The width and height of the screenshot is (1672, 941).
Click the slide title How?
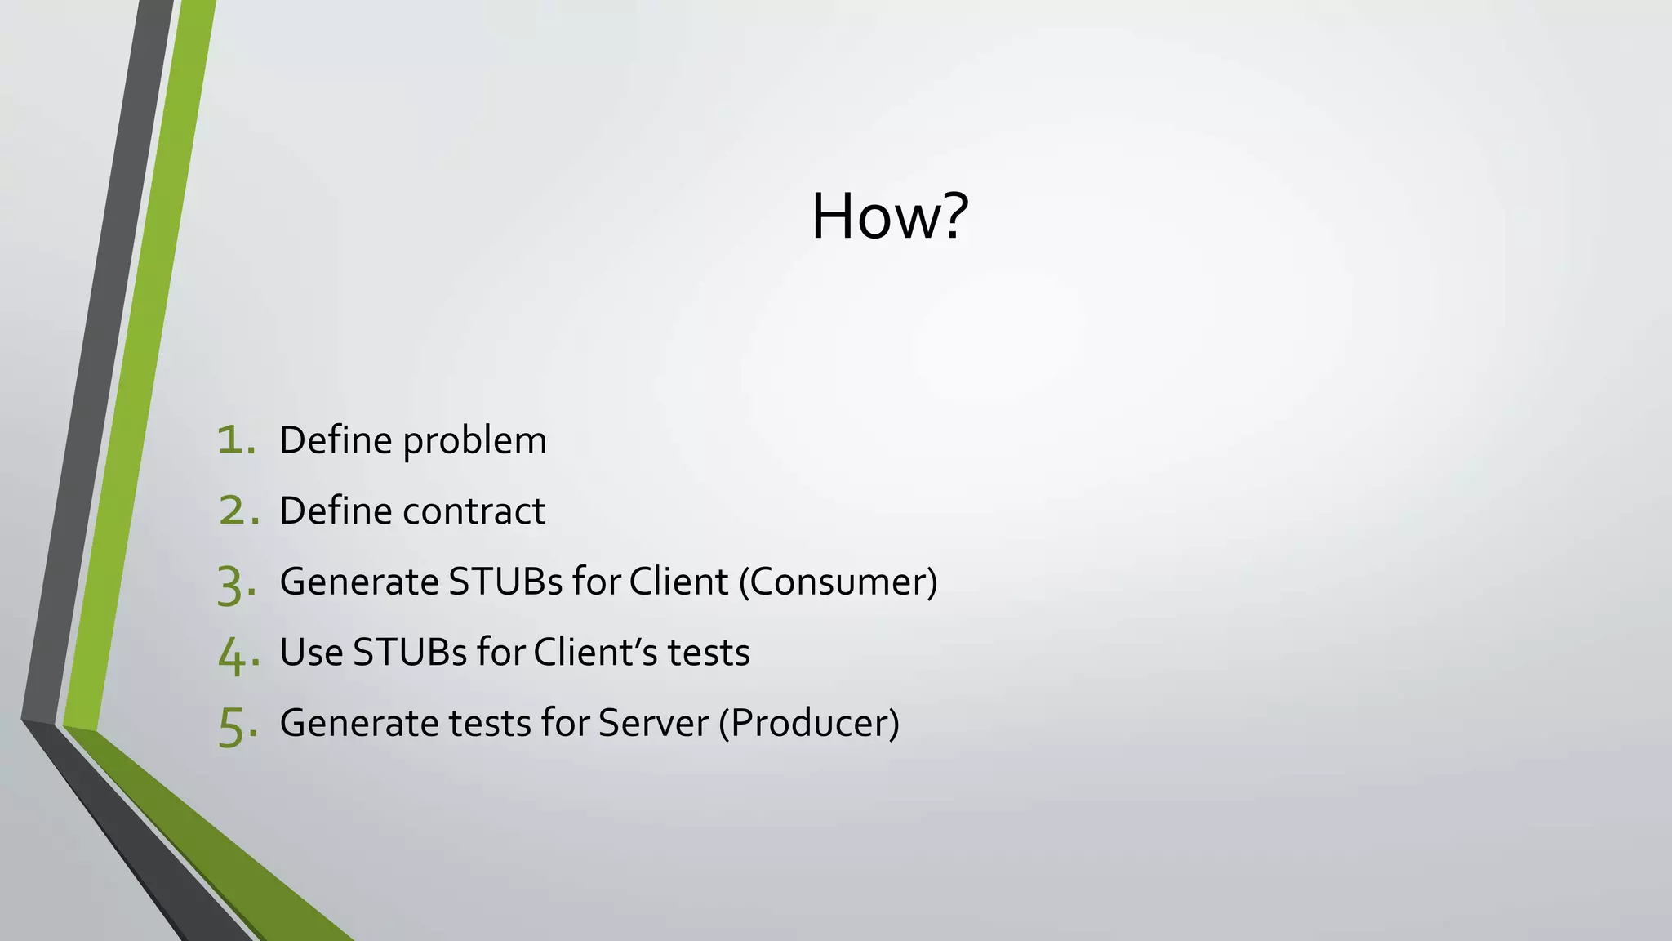coord(889,216)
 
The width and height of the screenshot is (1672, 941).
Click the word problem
coord(474,442)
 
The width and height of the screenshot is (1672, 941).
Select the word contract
coord(474,512)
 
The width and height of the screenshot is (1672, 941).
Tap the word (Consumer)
coord(838,582)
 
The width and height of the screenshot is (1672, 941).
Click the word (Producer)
coord(809,724)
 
